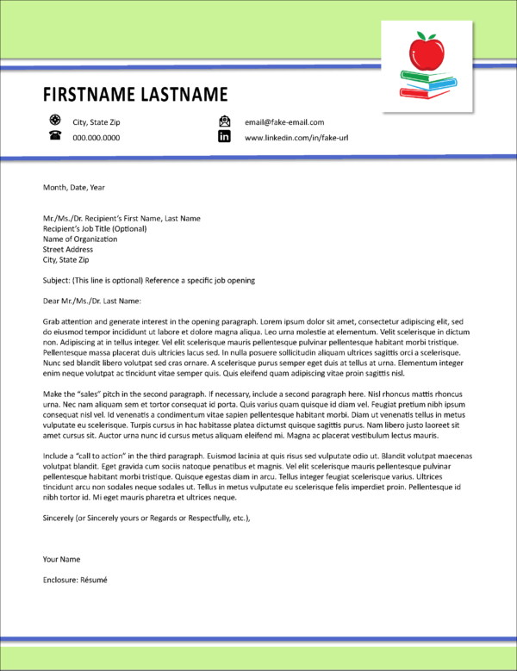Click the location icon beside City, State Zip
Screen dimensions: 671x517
pos(54,121)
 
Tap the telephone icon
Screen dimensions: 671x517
pos(54,137)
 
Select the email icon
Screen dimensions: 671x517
pos(225,121)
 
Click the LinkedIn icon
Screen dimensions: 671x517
pos(225,137)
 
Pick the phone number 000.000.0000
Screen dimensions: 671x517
pos(96,138)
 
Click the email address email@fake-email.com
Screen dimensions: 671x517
pos(284,122)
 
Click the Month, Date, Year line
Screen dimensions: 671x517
pos(73,187)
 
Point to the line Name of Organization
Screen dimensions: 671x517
pos(80,239)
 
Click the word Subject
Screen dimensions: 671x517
pos(56,280)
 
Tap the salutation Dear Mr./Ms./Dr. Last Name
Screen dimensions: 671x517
pos(90,301)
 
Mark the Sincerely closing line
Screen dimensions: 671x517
pos(146,518)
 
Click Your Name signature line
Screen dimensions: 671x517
pos(61,559)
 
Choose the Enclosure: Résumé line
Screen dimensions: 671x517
pos(75,580)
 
